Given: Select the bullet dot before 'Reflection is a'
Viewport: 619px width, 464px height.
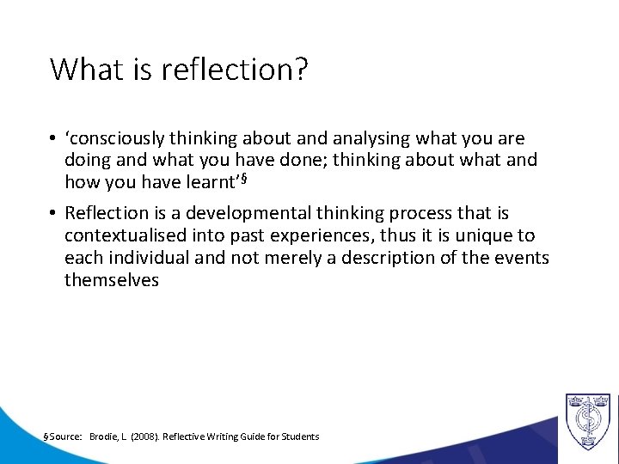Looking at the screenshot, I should [54, 213].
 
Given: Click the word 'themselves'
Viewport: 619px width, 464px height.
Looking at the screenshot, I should [112, 280].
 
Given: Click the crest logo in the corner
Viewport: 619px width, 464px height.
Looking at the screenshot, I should [587, 421].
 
